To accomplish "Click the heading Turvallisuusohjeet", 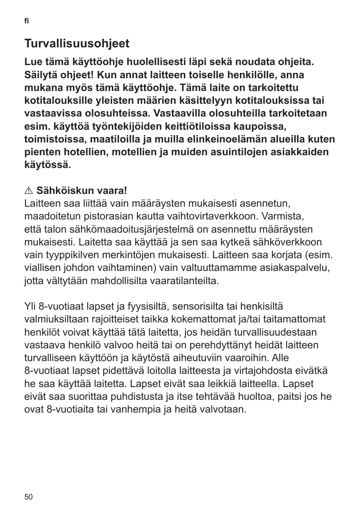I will pyautogui.click(x=77, y=43).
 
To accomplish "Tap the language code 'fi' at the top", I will pyautogui.click(x=27, y=21).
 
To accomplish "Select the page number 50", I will pyautogui.click(x=29, y=497).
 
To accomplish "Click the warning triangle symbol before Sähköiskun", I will pyautogui.click(x=29, y=191).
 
